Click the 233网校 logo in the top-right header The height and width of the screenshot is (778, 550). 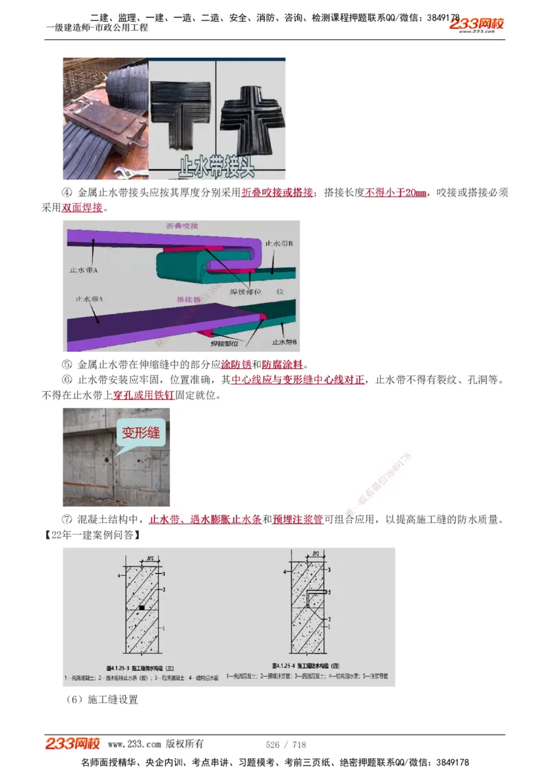click(x=478, y=25)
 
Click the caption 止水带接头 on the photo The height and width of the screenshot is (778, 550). click(x=217, y=166)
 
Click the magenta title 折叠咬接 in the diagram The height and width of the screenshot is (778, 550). click(x=181, y=226)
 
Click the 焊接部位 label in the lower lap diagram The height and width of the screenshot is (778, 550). click(x=224, y=342)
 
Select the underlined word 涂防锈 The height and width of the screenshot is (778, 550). click(x=235, y=364)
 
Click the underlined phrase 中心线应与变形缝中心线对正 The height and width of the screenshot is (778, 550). click(x=298, y=379)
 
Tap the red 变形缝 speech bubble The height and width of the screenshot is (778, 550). click(x=141, y=433)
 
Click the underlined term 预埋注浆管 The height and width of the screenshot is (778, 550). click(x=298, y=520)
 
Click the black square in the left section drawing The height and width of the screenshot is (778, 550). click(x=141, y=608)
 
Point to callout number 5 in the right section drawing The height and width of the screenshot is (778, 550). click(x=329, y=591)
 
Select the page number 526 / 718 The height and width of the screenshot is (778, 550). click(x=285, y=744)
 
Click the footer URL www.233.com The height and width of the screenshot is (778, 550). click(x=134, y=744)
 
